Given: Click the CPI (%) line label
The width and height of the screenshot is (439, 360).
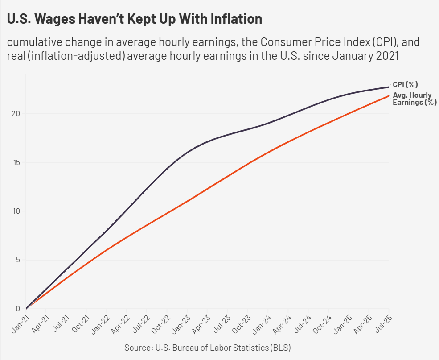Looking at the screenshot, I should pyautogui.click(x=405, y=84).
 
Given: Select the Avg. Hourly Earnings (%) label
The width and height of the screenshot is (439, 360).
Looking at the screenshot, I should pyautogui.click(x=414, y=99).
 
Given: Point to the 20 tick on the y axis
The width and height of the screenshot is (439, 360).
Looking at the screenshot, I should pyautogui.click(x=16, y=113).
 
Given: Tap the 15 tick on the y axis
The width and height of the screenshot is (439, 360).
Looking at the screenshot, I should pyautogui.click(x=16, y=162).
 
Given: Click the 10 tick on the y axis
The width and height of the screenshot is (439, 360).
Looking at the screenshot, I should pyautogui.click(x=16, y=211).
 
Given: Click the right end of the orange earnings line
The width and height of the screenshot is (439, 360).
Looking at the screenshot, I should pyautogui.click(x=389, y=96).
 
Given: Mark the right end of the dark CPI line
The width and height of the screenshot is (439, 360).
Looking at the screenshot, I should pyautogui.click(x=389, y=87).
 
